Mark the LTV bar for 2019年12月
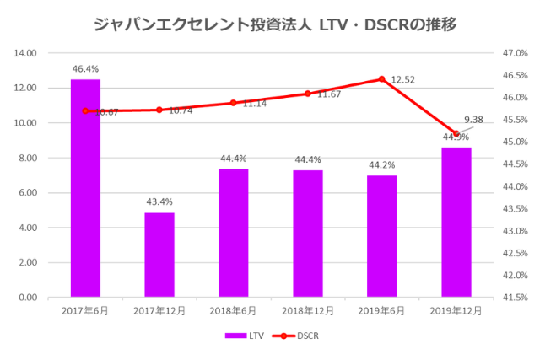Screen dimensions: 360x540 456,223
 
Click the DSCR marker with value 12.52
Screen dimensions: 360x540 381,79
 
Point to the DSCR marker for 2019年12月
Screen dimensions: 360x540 456,134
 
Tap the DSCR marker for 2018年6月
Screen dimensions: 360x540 234,103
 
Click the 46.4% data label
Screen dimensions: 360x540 85,67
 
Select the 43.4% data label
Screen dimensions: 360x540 159,201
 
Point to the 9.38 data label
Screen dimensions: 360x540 474,120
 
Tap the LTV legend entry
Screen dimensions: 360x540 245,336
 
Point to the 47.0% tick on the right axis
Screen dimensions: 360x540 513,53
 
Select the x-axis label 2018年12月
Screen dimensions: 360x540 307,311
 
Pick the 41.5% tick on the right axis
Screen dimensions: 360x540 513,298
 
